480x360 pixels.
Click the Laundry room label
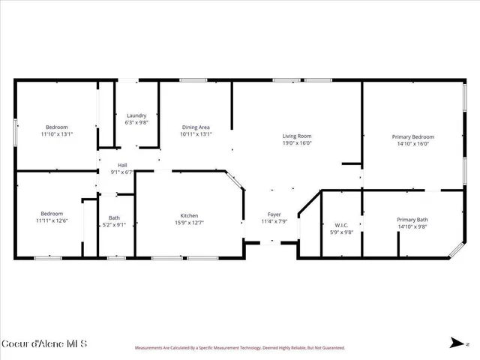(136, 115)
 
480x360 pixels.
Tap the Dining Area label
(196, 127)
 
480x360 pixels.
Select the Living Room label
(296, 136)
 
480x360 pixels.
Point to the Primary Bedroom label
(412, 136)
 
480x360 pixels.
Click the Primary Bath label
(412, 219)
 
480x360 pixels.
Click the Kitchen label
(188, 214)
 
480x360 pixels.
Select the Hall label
(121, 165)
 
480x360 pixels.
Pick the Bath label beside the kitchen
(114, 217)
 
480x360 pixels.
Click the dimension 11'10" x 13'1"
(56, 134)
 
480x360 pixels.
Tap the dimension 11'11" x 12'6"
(52, 220)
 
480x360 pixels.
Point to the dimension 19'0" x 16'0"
(296, 143)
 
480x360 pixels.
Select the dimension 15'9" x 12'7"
(188, 222)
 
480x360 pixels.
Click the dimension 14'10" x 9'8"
(412, 226)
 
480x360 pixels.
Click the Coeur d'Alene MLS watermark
(44, 344)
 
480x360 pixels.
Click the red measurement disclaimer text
(239, 348)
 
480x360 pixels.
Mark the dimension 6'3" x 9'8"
(136, 122)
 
